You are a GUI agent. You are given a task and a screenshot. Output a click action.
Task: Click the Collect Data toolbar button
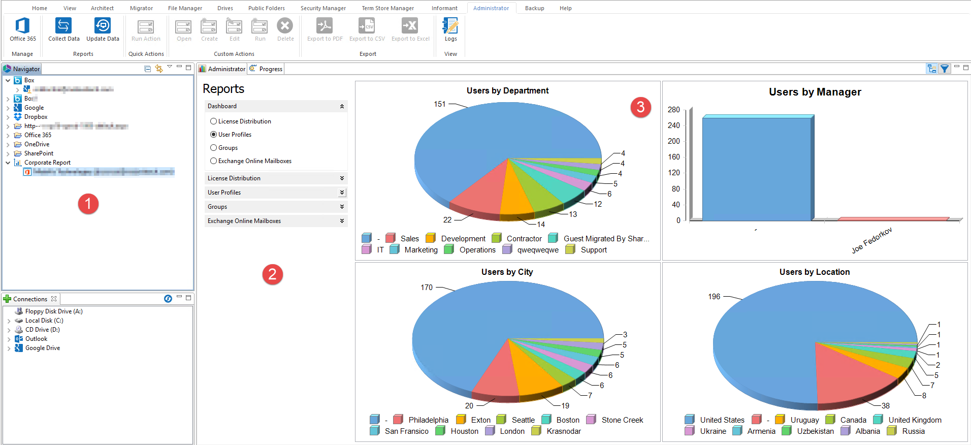(63, 29)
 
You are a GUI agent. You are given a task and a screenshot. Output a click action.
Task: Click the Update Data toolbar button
(103, 29)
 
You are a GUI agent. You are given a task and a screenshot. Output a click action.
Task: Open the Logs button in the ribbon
(450, 29)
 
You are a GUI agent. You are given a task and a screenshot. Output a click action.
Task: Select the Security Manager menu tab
(323, 8)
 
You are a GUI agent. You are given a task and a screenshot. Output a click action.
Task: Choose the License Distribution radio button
(214, 121)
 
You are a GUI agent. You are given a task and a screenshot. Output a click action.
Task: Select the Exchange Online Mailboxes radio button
(214, 161)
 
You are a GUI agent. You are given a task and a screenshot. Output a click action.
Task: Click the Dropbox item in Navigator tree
(36, 117)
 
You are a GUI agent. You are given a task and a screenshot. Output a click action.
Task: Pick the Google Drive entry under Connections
(43, 348)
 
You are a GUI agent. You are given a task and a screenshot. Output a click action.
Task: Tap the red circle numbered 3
(640, 107)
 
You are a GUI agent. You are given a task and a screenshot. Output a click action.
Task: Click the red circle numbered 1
(88, 204)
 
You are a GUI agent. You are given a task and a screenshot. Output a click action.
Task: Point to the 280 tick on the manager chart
(674, 110)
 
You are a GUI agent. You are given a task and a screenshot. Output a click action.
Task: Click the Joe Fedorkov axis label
(871, 240)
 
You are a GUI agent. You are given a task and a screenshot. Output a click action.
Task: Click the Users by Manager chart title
(815, 92)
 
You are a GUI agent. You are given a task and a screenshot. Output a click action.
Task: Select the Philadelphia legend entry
(428, 420)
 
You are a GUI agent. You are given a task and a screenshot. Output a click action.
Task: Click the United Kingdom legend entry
(915, 420)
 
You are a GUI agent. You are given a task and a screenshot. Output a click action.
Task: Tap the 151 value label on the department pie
(440, 104)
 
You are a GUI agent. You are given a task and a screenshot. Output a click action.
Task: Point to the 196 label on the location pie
(714, 297)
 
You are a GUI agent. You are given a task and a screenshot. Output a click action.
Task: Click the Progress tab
(270, 69)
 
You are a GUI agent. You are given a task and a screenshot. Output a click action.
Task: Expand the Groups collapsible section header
(276, 207)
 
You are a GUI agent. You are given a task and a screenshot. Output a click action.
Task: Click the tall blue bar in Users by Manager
(757, 168)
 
